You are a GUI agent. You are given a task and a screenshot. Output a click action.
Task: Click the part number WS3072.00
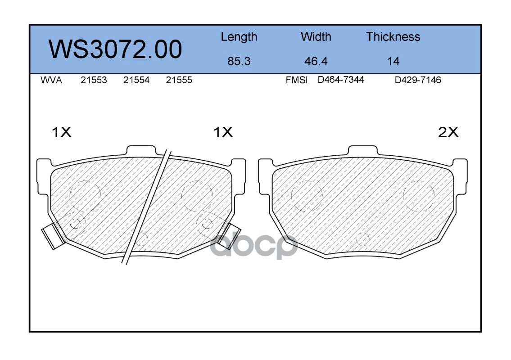tap(115, 49)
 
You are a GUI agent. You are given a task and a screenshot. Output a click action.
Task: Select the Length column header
tap(239, 37)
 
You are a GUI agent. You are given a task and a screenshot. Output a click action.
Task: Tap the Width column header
tap(316, 36)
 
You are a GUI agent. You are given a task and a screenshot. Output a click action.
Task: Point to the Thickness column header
tap(393, 36)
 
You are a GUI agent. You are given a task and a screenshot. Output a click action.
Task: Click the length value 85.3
tap(239, 61)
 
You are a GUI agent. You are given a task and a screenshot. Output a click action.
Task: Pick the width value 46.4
tap(316, 61)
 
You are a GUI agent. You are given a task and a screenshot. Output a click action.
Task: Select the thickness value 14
tap(393, 61)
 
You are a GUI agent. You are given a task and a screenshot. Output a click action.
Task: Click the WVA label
tap(51, 80)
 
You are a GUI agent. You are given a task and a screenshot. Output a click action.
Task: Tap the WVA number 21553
tap(94, 80)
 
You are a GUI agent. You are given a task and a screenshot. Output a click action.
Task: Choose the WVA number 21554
tap(136, 80)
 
